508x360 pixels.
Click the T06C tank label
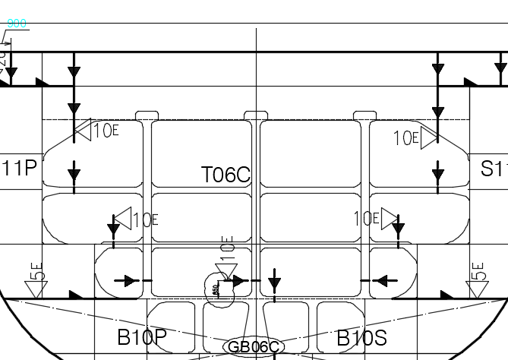click(226, 175)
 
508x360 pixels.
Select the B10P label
click(141, 338)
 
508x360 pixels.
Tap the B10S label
click(361, 338)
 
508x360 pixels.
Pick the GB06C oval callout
click(254, 347)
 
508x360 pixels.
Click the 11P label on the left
click(21, 168)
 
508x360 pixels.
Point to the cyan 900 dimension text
click(17, 24)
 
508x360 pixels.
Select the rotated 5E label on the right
click(477, 271)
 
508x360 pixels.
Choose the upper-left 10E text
click(106, 131)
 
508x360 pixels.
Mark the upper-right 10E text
click(406, 138)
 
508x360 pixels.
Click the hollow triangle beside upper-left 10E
click(82, 131)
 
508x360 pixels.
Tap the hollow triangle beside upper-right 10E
click(430, 138)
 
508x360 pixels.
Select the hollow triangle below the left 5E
click(35, 289)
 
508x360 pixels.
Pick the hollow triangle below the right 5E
click(477, 289)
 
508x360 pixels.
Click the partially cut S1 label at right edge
click(494, 169)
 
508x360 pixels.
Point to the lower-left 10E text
click(145, 220)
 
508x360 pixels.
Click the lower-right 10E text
click(366, 219)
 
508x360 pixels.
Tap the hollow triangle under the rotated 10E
click(226, 271)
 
